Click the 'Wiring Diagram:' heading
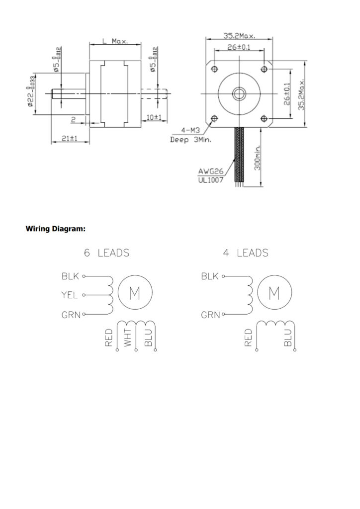[x=55, y=229]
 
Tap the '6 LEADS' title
[x=106, y=253]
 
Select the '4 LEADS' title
[x=245, y=253]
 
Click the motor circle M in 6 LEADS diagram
[x=134, y=294]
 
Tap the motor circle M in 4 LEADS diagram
[x=273, y=294]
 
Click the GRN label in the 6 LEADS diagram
[x=70, y=315]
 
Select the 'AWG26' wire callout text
[x=211, y=172]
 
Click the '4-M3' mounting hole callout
[x=190, y=131]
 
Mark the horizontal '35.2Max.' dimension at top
[x=239, y=36]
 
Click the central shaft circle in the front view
[x=239, y=93]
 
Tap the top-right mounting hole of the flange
[x=264, y=68]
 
